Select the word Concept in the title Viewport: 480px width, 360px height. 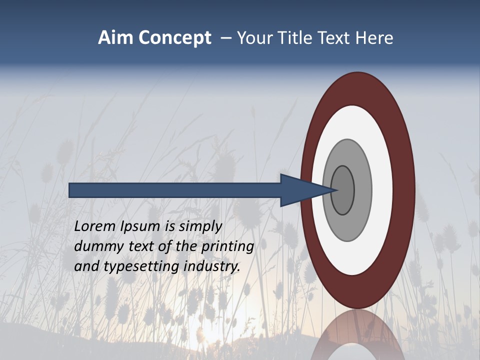coord(175,38)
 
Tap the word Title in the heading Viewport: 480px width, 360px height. coord(297,38)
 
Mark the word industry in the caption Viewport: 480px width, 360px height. coord(212,266)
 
